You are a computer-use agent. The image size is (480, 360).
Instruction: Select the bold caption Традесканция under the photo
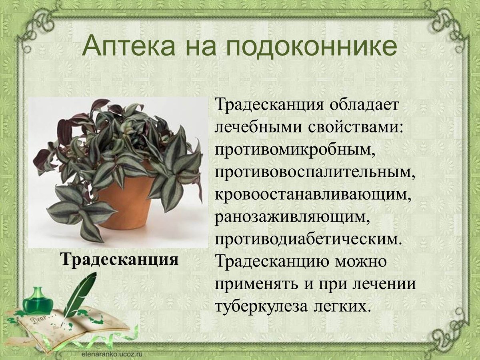pyautogui.click(x=120, y=259)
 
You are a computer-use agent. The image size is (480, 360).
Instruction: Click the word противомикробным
pyautogui.click(x=296, y=150)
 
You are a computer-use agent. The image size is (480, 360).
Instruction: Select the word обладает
pyautogui.click(x=364, y=105)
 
